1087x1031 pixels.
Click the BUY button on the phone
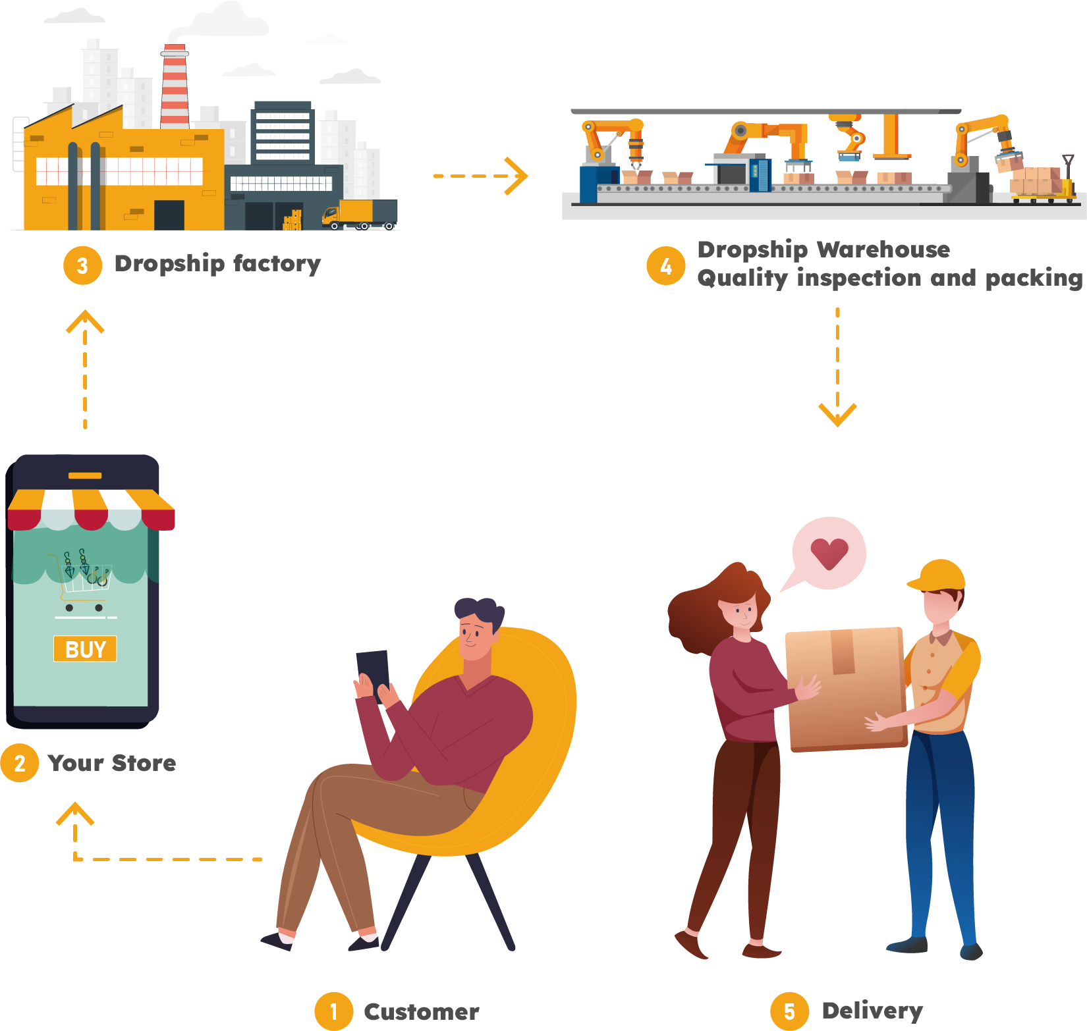(x=85, y=649)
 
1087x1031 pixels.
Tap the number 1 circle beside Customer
(x=333, y=1011)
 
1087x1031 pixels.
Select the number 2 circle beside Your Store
(x=20, y=763)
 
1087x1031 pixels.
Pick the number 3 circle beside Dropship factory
(x=82, y=265)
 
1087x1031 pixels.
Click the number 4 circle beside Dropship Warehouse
(x=666, y=266)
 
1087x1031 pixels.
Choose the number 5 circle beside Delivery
(x=789, y=1011)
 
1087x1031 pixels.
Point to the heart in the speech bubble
(x=829, y=553)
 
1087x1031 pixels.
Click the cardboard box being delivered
(x=847, y=688)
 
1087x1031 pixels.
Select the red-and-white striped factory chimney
(x=175, y=86)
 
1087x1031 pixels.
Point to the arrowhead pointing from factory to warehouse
(x=518, y=176)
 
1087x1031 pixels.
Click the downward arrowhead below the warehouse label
(x=837, y=415)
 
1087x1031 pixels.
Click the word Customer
(x=422, y=1012)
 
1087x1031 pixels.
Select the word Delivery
(x=872, y=1011)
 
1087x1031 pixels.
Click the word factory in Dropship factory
(x=277, y=263)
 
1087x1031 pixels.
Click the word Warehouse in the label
(x=883, y=250)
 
